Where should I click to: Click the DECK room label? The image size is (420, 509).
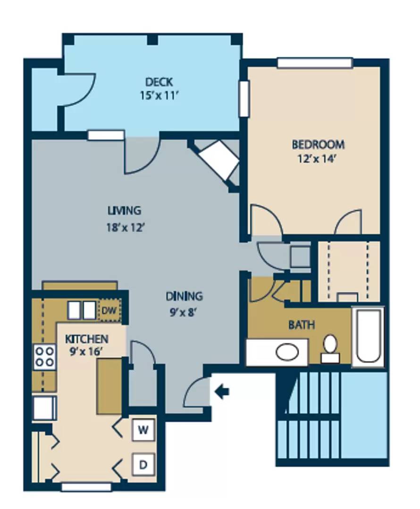pyautogui.click(x=159, y=82)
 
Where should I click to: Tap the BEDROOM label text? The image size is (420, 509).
pyautogui.click(x=318, y=144)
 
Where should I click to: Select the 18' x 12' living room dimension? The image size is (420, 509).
pyautogui.click(x=125, y=228)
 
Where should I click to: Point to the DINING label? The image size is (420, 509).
pyautogui.click(x=184, y=296)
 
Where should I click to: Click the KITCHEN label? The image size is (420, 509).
pyautogui.click(x=86, y=339)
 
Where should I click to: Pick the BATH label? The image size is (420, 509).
pyautogui.click(x=302, y=325)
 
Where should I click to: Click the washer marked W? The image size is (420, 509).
pyautogui.click(x=143, y=430)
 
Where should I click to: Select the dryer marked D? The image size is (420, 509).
pyautogui.click(x=143, y=464)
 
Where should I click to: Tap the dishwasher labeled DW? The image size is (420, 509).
pyautogui.click(x=109, y=311)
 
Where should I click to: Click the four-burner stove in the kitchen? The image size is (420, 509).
pyautogui.click(x=44, y=357)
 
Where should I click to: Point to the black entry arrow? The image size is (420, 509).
pyautogui.click(x=222, y=392)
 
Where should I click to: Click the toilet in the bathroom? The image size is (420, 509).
pyautogui.click(x=330, y=348)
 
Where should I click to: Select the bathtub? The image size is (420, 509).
pyautogui.click(x=368, y=337)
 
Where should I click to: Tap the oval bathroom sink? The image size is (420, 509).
pyautogui.click(x=287, y=352)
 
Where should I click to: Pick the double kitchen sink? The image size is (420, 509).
pyautogui.click(x=82, y=310)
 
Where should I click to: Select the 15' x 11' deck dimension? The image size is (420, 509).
pyautogui.click(x=160, y=96)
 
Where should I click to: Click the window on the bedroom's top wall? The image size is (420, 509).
pyautogui.click(x=315, y=63)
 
